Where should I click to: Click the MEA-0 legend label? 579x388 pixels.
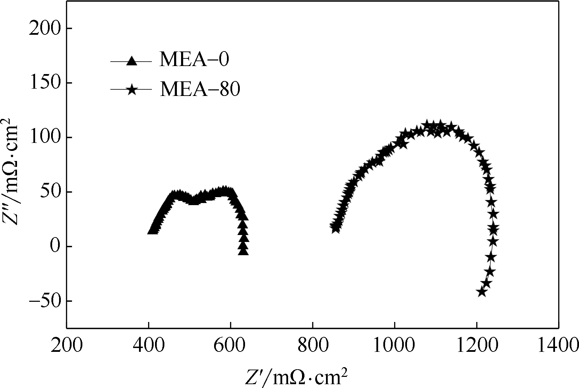coord(194,60)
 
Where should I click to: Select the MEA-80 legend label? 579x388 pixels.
coord(200,89)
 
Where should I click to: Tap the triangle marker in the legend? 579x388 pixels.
coord(131,61)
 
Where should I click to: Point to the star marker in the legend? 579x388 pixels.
coord(131,90)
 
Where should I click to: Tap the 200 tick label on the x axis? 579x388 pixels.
coord(67,347)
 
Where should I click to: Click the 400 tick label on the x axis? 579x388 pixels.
coord(149,347)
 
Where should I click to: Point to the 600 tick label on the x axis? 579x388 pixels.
coord(231,347)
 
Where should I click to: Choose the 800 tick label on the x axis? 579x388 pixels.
coord(313,347)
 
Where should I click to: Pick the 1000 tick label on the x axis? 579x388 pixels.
coord(395,347)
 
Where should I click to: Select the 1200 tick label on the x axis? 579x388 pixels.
coord(477,347)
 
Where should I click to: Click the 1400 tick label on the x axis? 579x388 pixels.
coord(558,347)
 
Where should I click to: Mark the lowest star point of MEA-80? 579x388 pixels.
coord(482,292)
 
